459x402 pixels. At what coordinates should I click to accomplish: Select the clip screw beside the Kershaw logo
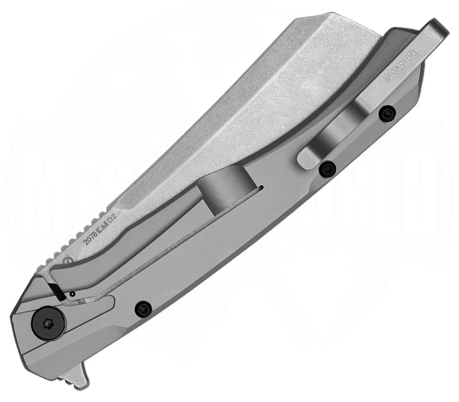[x=388, y=114]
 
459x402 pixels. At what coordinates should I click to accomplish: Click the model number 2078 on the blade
[x=90, y=237]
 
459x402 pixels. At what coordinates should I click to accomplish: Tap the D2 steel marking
[x=112, y=218]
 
